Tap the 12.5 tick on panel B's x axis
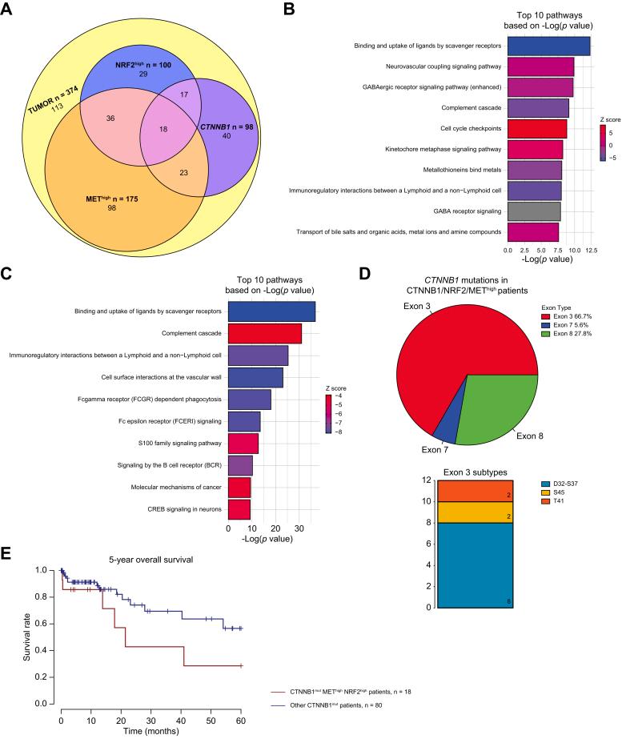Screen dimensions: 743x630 tap(591, 251)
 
